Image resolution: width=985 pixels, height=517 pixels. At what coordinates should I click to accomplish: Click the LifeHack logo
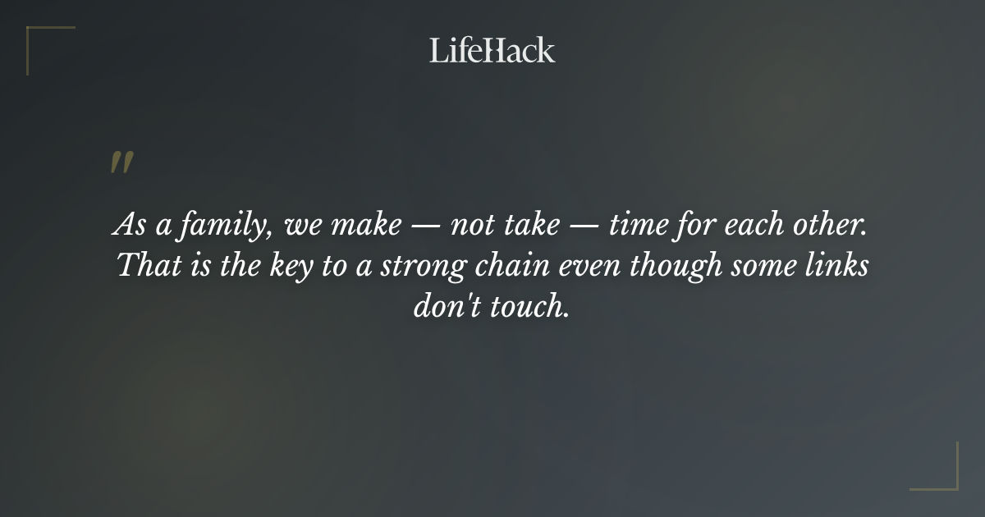pyautogui.click(x=492, y=50)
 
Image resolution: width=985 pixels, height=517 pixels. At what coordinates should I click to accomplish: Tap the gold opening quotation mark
pyautogui.click(x=121, y=163)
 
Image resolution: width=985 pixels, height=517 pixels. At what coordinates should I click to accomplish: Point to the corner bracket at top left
pyautogui.click(x=41, y=39)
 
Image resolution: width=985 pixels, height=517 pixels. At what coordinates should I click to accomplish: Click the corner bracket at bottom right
pyautogui.click(x=944, y=476)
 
